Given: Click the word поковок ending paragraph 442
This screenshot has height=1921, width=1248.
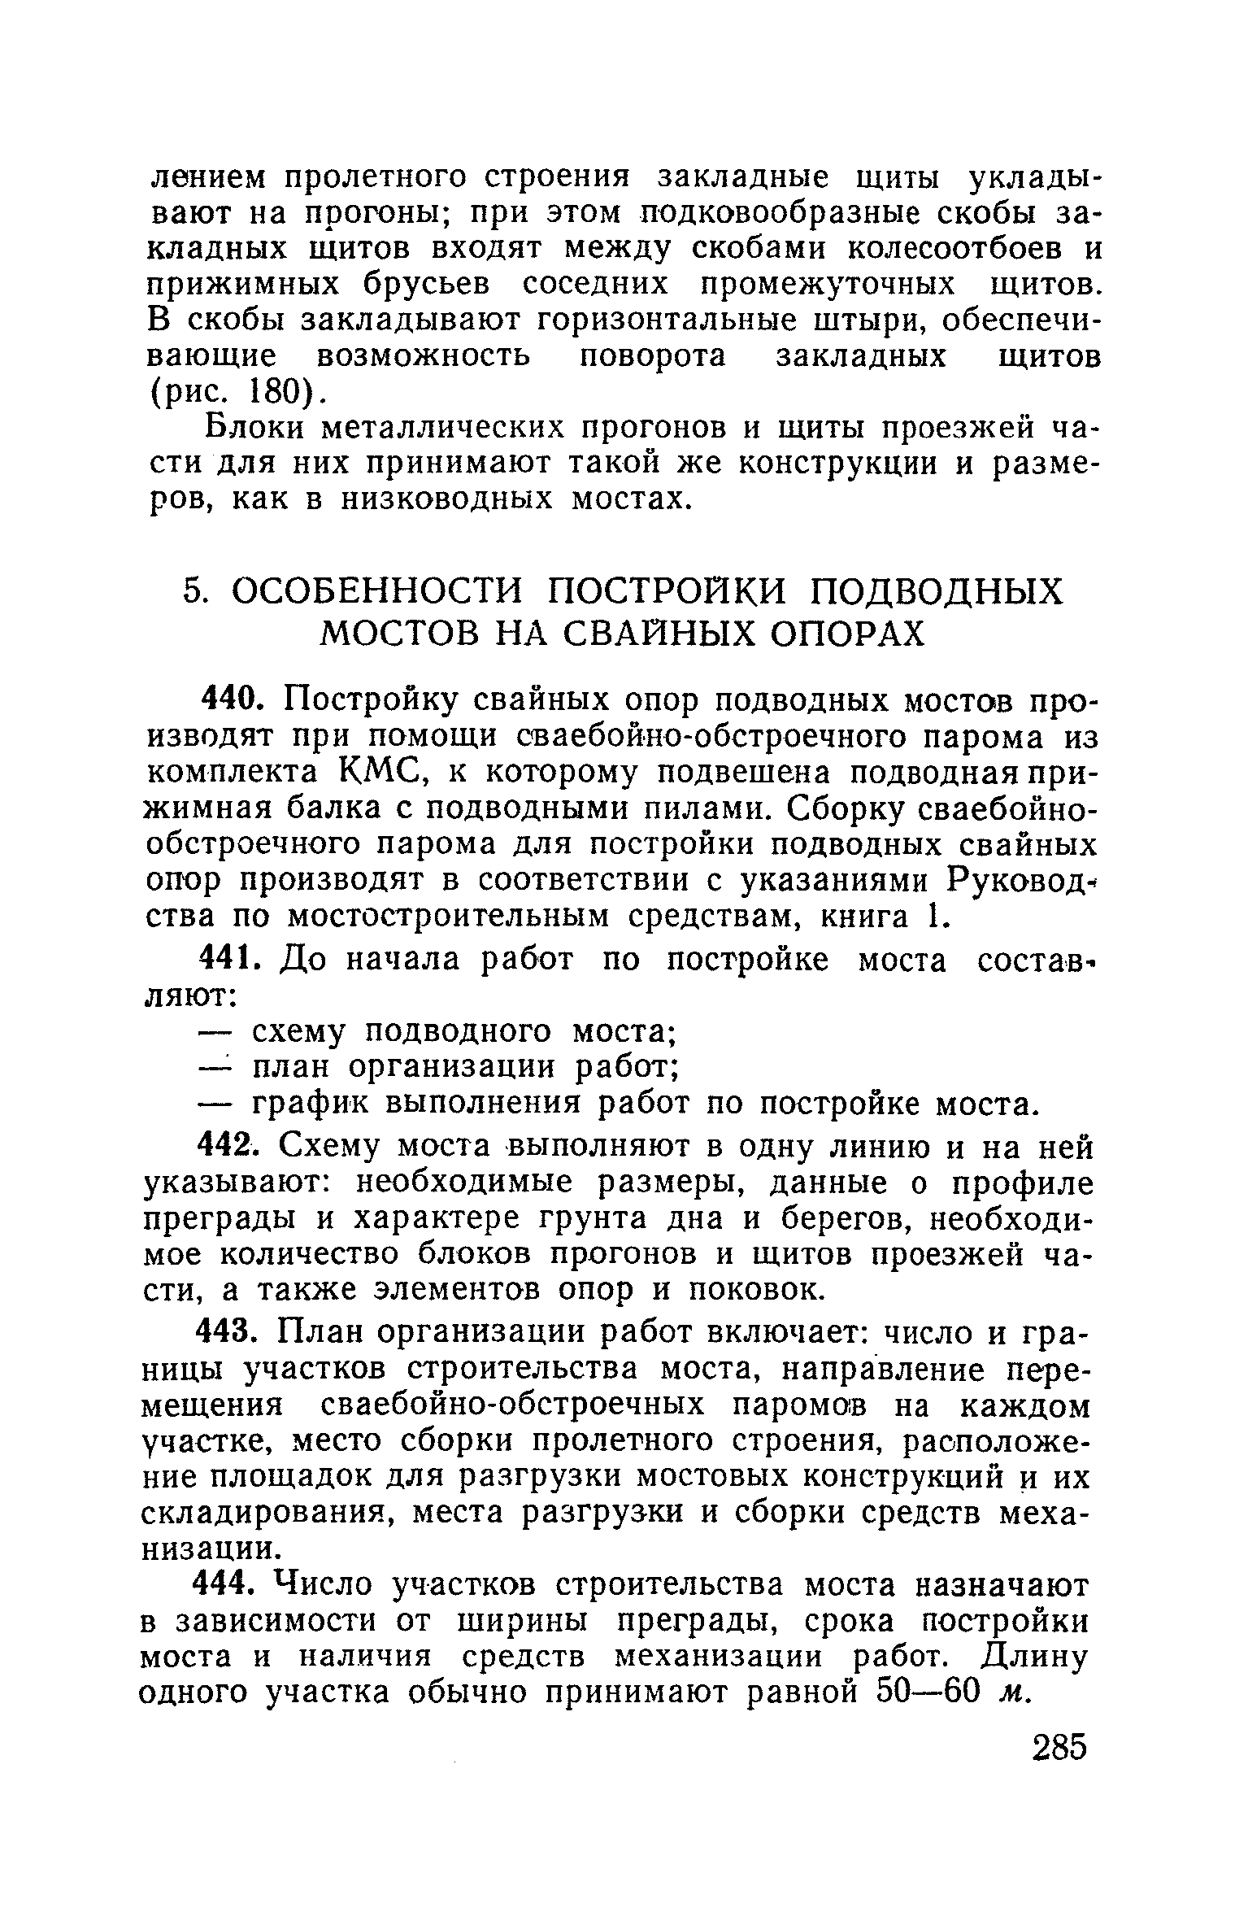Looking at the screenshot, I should point(758,1291).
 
